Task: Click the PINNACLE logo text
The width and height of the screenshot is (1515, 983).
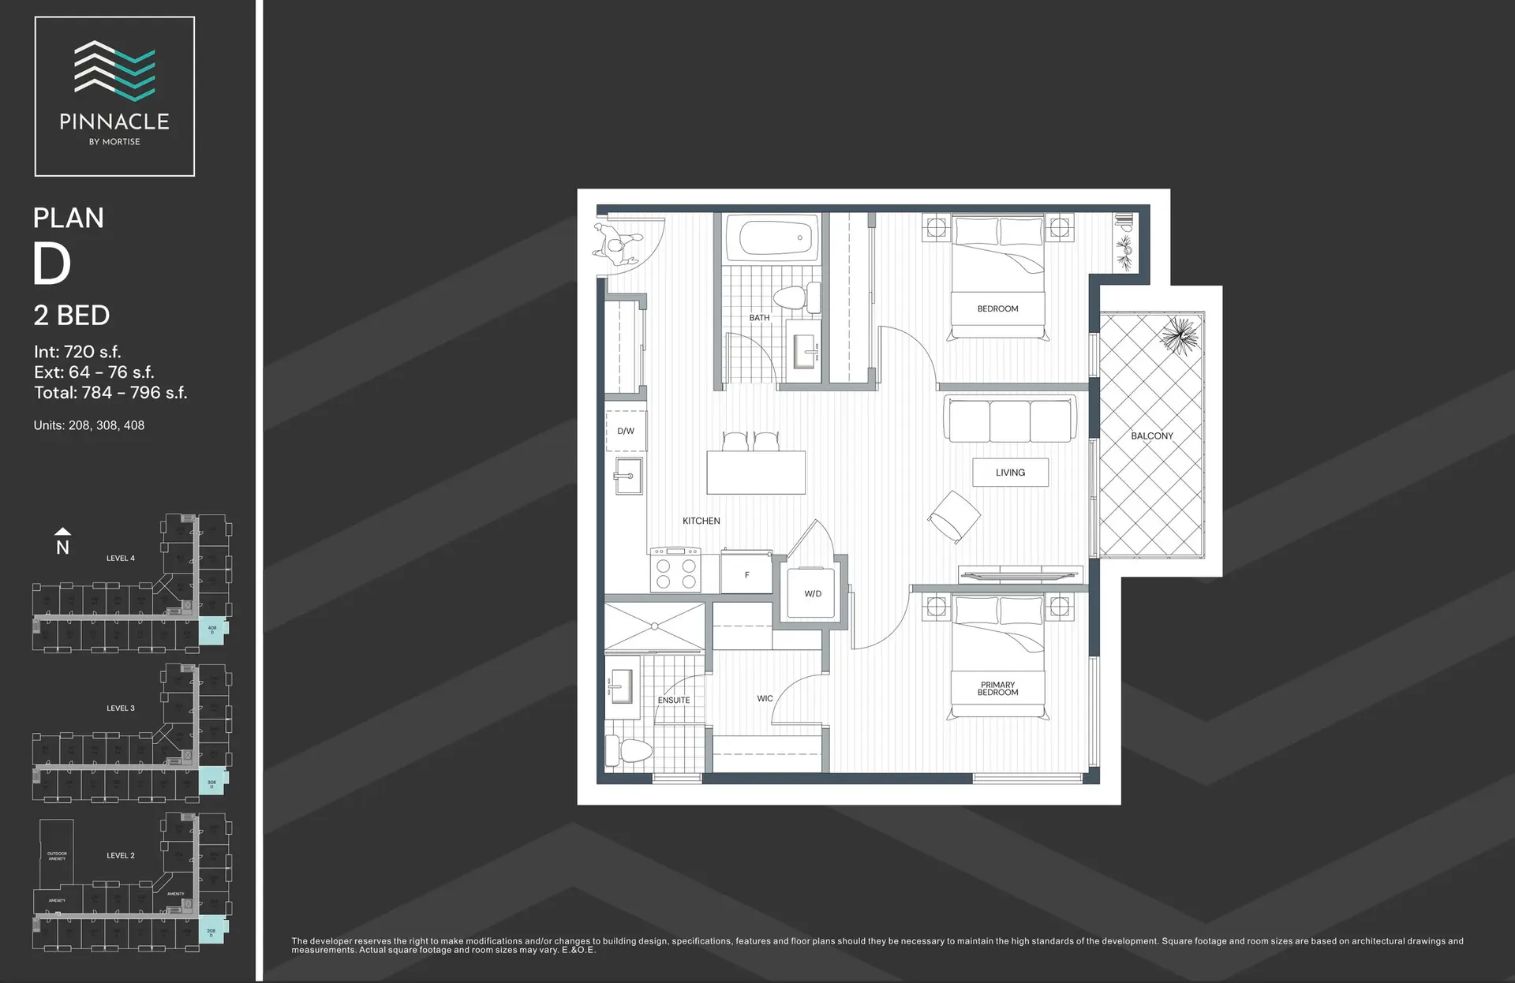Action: click(114, 121)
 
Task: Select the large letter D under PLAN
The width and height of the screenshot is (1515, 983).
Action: click(52, 264)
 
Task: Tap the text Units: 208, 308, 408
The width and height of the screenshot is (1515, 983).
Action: click(89, 425)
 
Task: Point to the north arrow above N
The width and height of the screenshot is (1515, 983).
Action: click(62, 532)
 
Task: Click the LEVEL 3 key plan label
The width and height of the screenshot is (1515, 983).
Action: click(121, 708)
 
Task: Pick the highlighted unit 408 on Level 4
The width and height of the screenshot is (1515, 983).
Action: click(212, 630)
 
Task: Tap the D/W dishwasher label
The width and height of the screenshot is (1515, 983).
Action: click(626, 431)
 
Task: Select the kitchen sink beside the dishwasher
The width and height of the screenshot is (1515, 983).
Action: click(628, 476)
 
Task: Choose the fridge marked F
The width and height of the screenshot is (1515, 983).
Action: click(746, 575)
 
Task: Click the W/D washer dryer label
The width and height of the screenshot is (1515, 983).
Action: click(813, 593)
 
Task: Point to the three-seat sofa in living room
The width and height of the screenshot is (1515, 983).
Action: click(1010, 419)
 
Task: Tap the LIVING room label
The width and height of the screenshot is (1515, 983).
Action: click(1010, 473)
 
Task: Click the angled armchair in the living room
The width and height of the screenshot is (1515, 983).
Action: click(954, 516)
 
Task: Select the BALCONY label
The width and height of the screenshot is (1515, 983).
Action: click(1152, 435)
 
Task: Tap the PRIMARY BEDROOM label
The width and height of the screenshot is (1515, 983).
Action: click(997, 689)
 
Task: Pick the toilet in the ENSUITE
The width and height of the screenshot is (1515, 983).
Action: click(629, 750)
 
